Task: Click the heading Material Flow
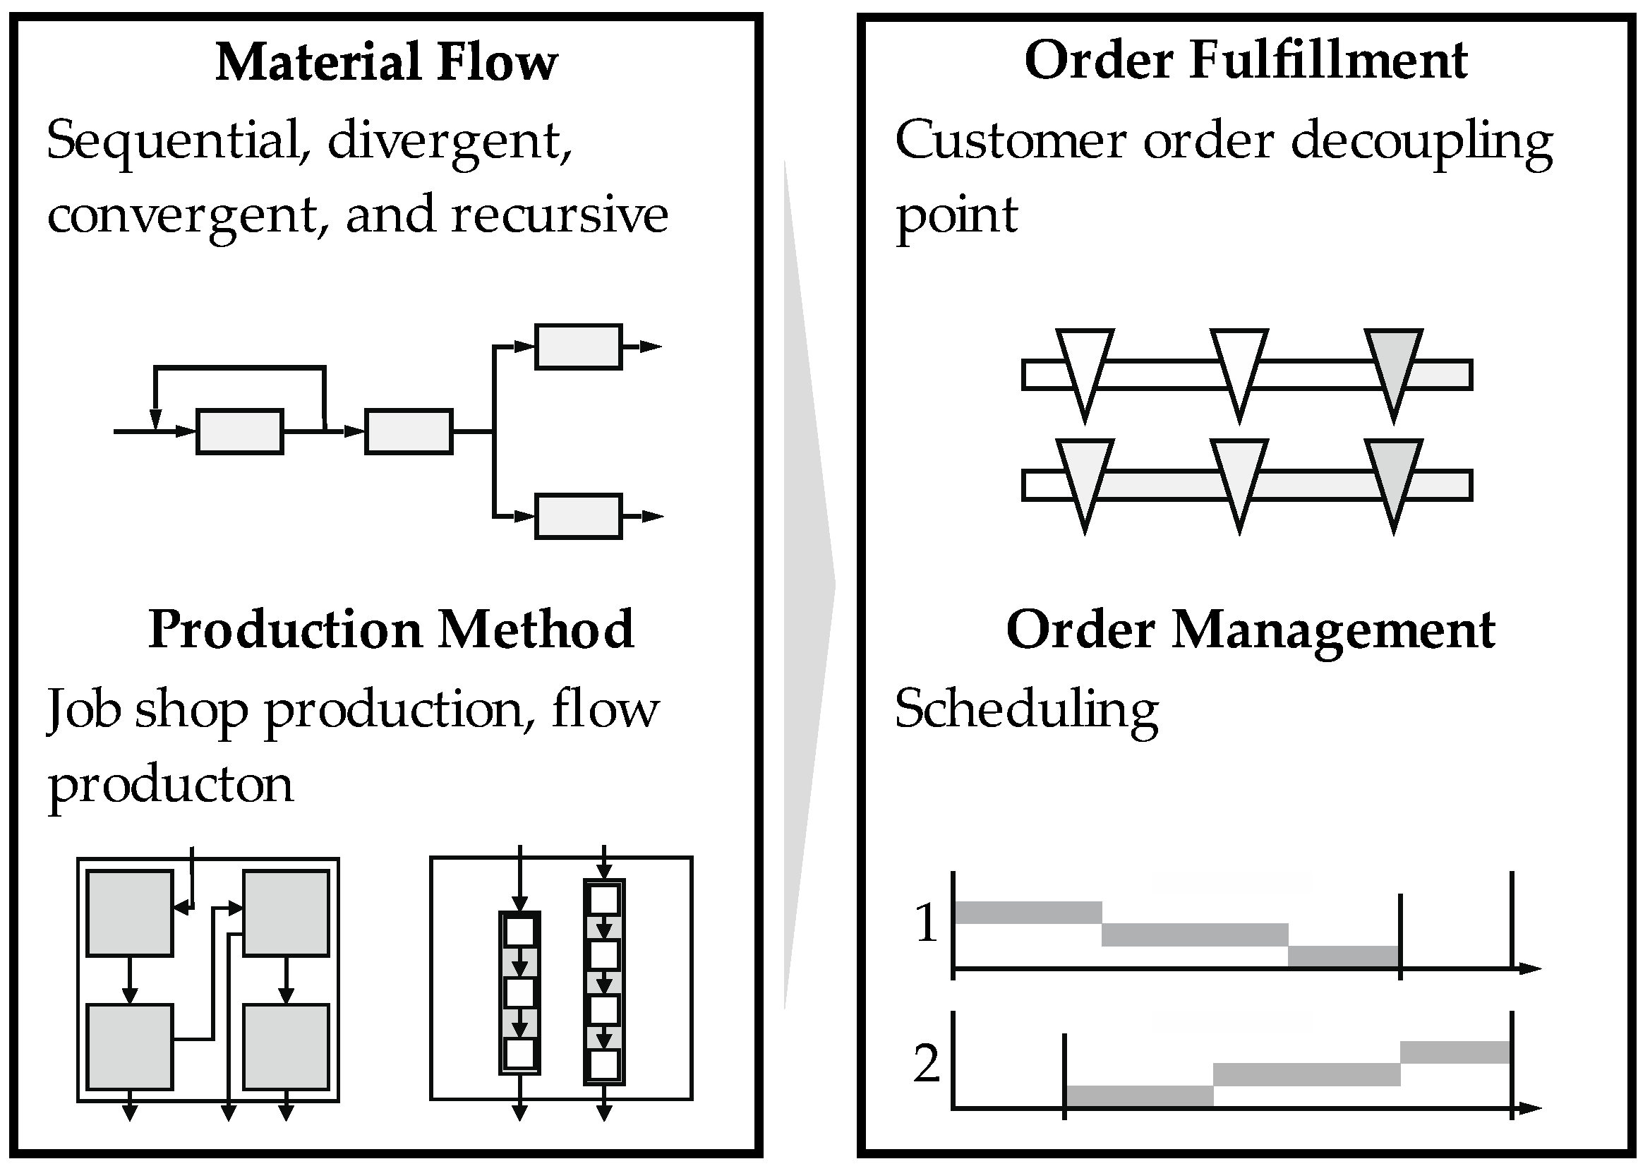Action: click(x=386, y=62)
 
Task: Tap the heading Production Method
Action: click(x=391, y=630)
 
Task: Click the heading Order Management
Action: click(x=1250, y=630)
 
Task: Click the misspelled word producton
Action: click(x=171, y=784)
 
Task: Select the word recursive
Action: click(x=559, y=215)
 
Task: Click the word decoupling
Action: click(x=1421, y=141)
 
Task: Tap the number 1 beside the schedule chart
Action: click(x=927, y=923)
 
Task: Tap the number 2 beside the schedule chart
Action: click(x=927, y=1063)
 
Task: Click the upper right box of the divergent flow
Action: click(x=578, y=347)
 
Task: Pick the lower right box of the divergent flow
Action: click(x=578, y=516)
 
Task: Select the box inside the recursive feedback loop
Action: click(x=239, y=431)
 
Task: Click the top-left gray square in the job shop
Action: click(x=130, y=913)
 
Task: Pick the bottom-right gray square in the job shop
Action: click(x=286, y=1047)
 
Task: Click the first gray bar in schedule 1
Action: click(x=1028, y=912)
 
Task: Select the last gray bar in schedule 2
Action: click(x=1455, y=1052)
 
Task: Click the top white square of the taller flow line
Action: click(x=604, y=899)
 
